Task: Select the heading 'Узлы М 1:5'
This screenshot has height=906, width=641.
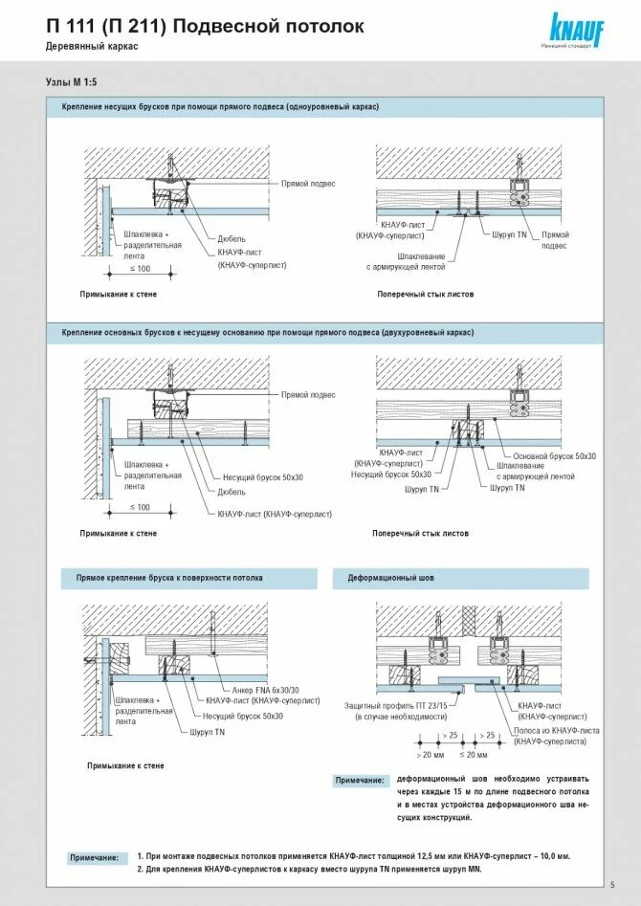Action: pos(71,83)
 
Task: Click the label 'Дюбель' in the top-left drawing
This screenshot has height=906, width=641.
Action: pos(232,238)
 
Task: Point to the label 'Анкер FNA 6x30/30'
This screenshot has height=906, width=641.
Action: pos(265,689)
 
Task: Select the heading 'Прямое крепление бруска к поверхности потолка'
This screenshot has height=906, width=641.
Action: pos(169,579)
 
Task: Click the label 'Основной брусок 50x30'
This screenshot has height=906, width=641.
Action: pos(555,456)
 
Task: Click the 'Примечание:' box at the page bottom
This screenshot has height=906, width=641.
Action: pos(94,858)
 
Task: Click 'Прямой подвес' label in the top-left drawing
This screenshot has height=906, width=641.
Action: pos(308,183)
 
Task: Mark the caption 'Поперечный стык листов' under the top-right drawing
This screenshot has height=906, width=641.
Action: pos(425,295)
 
